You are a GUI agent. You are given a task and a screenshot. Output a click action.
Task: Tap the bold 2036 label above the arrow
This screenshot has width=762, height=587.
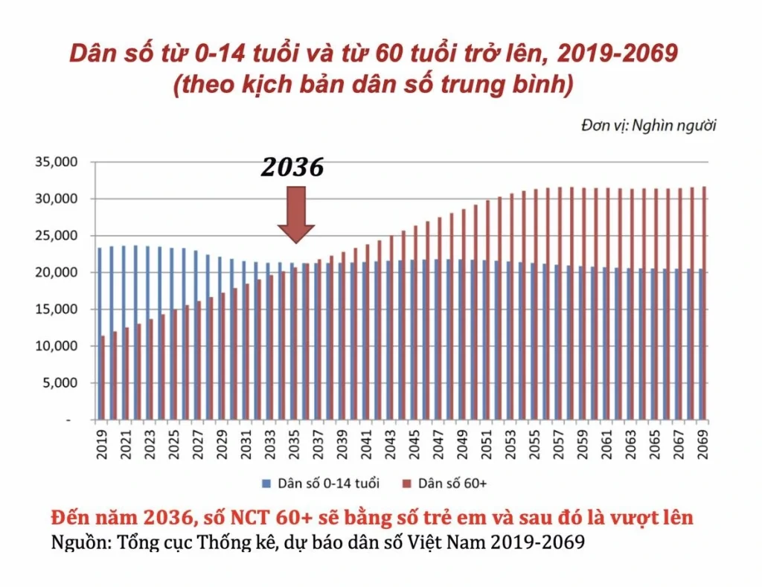click(x=292, y=168)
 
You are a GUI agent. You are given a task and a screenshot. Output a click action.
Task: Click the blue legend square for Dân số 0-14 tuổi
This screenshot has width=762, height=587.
click(x=266, y=484)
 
